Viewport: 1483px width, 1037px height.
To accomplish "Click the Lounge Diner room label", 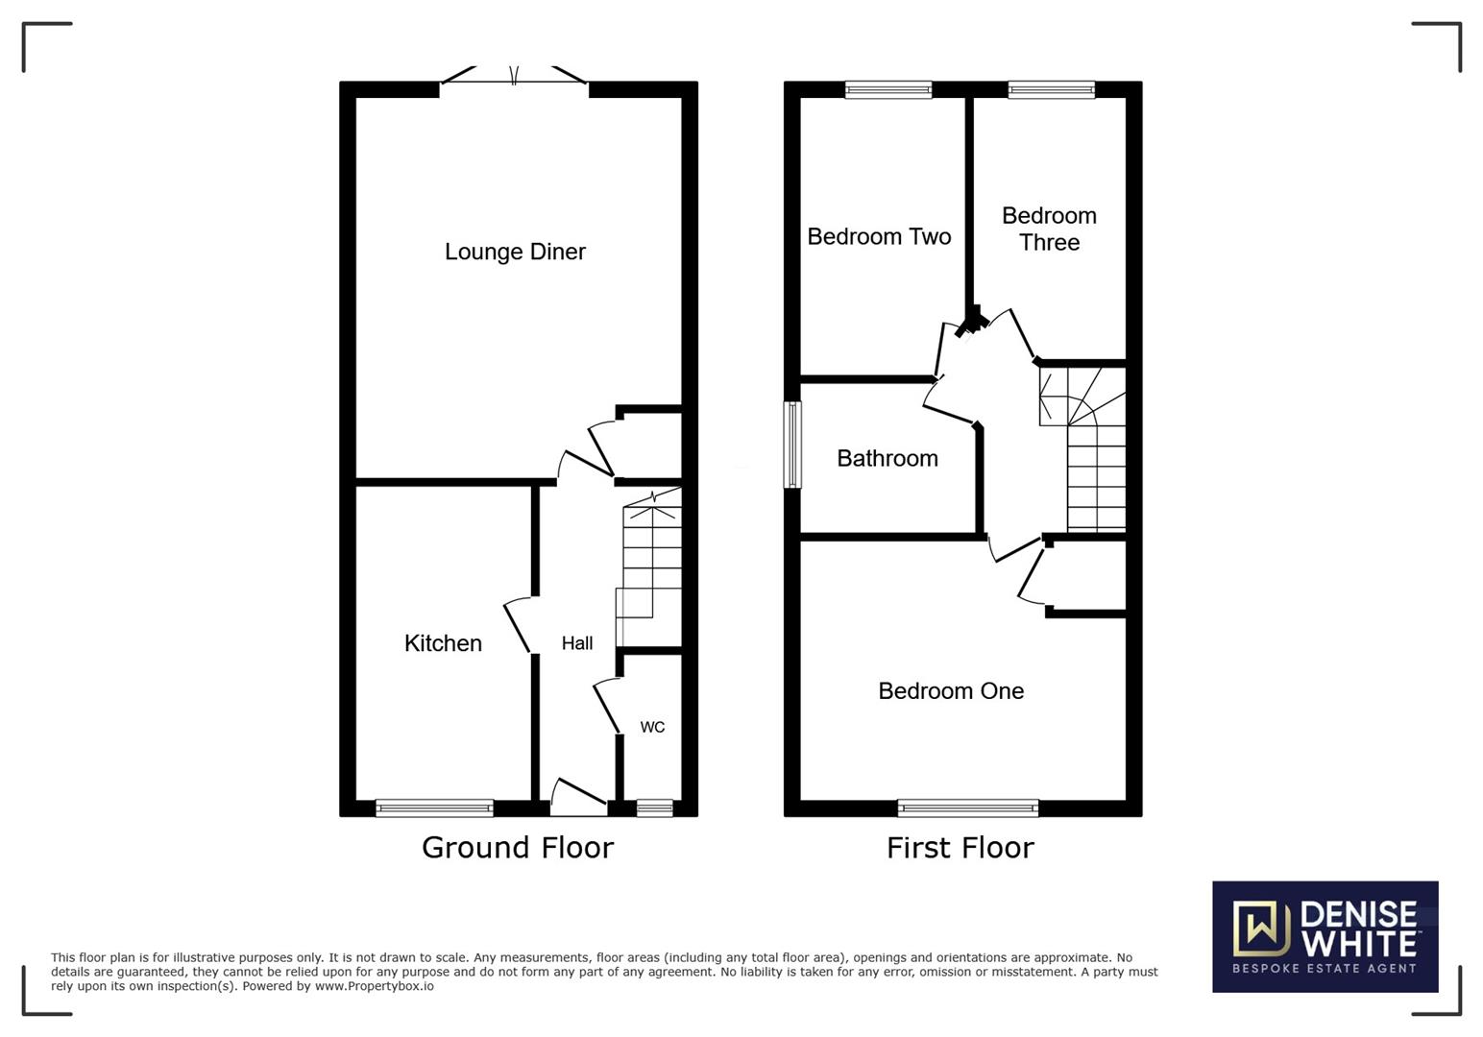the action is [515, 253].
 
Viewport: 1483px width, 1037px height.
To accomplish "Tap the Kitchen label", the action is [443, 643].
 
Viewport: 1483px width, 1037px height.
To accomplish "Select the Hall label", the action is [577, 643].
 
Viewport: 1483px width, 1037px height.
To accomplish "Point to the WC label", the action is [652, 727].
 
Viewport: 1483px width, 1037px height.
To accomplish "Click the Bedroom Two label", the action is [879, 237].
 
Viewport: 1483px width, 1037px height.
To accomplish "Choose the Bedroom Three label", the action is [1050, 229].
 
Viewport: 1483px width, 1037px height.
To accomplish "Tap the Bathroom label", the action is [887, 459].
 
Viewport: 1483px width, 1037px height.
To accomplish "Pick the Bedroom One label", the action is [951, 691].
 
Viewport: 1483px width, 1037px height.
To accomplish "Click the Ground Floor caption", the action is [518, 848].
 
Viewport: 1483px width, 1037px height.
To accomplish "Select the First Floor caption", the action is [960, 848].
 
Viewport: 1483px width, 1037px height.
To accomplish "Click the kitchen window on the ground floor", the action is [434, 808].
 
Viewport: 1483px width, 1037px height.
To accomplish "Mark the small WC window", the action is [655, 808].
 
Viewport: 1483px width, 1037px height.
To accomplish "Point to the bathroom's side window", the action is [792, 445].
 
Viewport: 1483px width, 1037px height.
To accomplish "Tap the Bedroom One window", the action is [968, 808].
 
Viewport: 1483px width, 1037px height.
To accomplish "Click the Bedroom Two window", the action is [888, 89].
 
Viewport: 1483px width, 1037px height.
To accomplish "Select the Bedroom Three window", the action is [1052, 89].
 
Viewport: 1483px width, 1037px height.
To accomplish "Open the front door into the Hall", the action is [578, 797].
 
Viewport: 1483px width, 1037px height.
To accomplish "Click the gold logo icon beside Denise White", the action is [1261, 928].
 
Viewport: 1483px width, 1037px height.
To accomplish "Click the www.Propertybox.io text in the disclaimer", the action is [374, 986].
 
